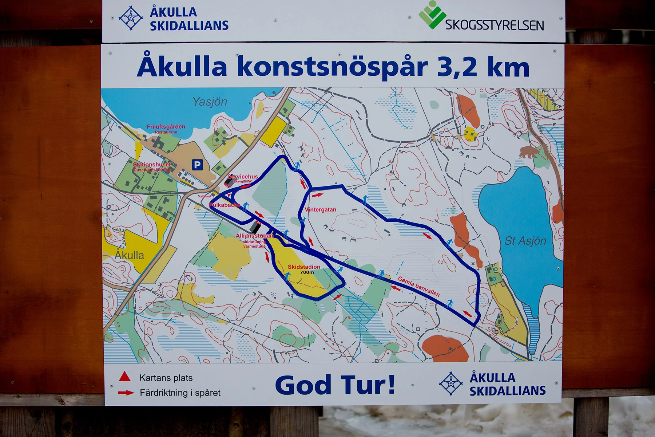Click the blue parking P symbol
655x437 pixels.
tap(197, 165)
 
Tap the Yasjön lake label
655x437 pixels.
tap(210, 102)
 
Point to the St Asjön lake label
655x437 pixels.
tap(525, 241)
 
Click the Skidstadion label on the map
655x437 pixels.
tap(304, 267)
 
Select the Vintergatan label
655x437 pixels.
tap(321, 210)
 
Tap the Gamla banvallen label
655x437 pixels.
tap(418, 286)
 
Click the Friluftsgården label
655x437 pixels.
tap(166, 127)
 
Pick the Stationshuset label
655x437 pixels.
tap(152, 165)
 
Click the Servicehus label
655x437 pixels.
tap(243, 177)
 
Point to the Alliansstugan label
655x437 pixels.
tap(254, 236)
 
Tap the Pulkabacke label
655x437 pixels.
tap(225, 205)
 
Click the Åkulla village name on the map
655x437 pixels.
tap(130, 255)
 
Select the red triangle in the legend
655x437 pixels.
tap(125, 377)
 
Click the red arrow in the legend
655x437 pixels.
tap(126, 393)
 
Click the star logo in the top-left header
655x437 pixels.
tap(131, 18)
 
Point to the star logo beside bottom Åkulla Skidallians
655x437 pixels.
tap(451, 383)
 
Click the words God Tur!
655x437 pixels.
tap(335, 385)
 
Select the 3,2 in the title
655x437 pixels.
tap(457, 67)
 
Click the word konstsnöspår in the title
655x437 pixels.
tap(332, 67)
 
